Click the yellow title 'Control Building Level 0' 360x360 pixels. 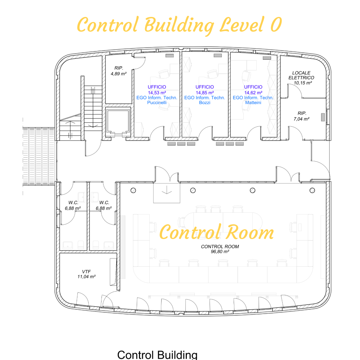[179, 25]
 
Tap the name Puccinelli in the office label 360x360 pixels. [157, 103]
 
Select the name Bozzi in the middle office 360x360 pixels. [204, 103]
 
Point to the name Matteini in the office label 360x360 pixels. [253, 103]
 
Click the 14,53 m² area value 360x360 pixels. [157, 93]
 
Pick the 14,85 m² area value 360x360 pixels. [204, 93]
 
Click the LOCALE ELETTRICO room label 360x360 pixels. [301, 75]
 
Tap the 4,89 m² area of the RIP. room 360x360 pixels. [118, 74]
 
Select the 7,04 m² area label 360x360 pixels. [301, 119]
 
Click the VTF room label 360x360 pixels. [86, 271]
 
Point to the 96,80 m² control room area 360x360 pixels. [220, 252]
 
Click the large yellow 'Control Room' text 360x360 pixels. [216, 232]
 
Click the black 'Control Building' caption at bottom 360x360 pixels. [157, 355]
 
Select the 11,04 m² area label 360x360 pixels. [86, 276]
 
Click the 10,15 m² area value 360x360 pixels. [303, 83]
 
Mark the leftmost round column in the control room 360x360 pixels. [133, 190]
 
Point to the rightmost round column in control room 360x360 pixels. [312, 190]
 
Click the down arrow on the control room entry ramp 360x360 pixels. [167, 190]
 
